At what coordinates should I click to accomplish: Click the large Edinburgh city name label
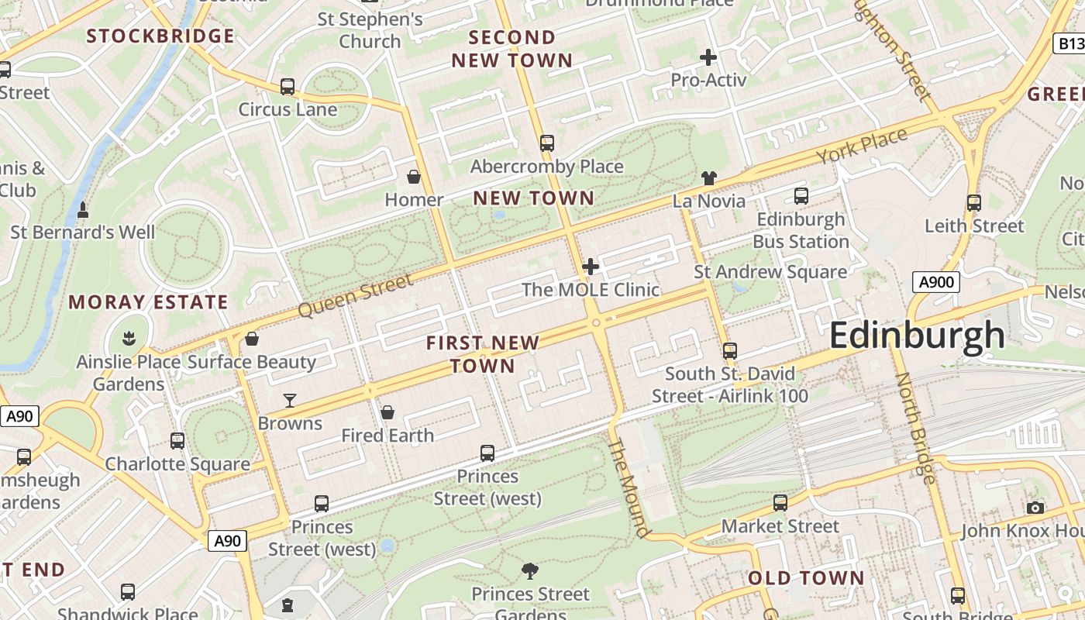(917, 336)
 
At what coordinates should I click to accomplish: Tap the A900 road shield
(935, 282)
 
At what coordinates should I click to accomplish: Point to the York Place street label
(861, 146)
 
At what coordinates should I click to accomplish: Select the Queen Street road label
(356, 295)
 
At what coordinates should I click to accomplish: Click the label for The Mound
(629, 487)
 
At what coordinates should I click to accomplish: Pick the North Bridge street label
(915, 428)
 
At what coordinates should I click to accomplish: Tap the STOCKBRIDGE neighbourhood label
(160, 36)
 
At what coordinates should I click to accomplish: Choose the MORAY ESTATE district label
(148, 302)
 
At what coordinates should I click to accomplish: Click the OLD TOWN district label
(806, 578)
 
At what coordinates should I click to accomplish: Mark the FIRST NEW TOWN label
(482, 354)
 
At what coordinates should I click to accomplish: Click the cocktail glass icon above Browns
(290, 401)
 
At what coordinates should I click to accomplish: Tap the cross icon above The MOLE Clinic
(591, 267)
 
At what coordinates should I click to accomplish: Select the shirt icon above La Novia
(708, 178)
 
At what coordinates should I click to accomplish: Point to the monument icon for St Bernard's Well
(83, 210)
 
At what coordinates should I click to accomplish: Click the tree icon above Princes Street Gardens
(531, 572)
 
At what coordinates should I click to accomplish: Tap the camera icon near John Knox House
(1035, 508)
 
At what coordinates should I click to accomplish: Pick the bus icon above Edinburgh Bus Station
(801, 196)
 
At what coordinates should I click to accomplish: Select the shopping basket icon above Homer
(414, 177)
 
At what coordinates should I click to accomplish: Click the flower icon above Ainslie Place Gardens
(129, 338)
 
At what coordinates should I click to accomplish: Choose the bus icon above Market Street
(780, 503)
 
